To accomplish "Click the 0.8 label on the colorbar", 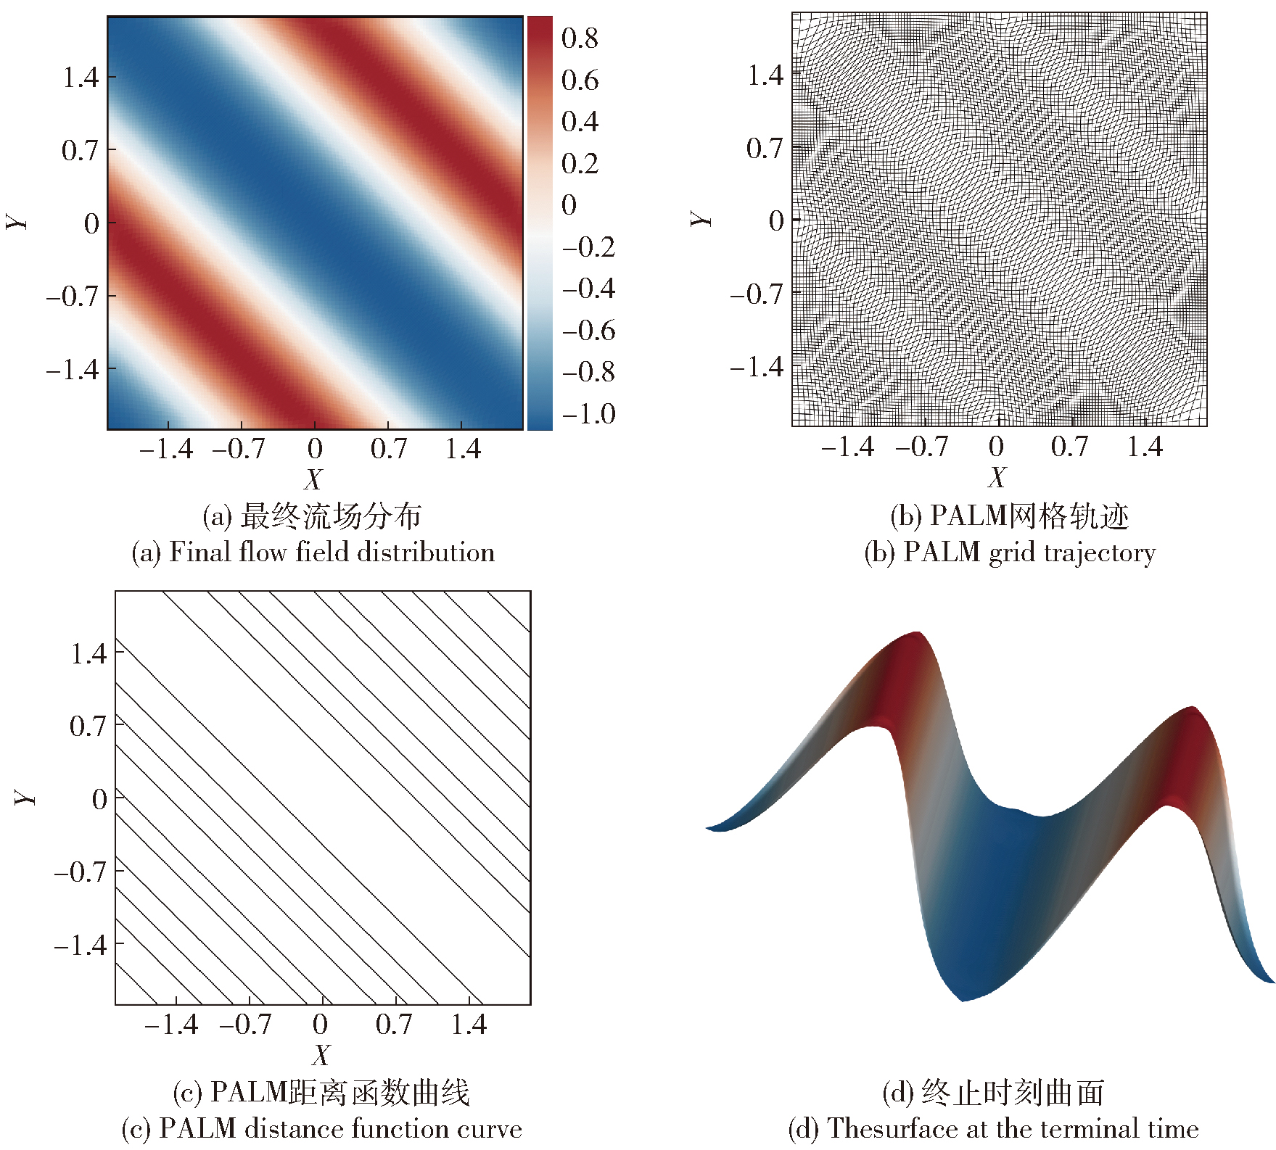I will [x=580, y=38].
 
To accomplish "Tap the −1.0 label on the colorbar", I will [x=589, y=414].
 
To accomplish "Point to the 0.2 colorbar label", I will [x=580, y=163].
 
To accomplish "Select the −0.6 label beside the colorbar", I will [x=589, y=331].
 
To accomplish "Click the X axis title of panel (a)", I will [x=313, y=479].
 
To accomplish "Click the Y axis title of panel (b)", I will [x=701, y=218].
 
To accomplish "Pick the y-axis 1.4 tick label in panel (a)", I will [x=80, y=77].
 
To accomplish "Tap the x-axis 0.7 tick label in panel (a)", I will [x=389, y=449].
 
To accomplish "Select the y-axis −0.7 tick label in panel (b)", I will [x=757, y=294].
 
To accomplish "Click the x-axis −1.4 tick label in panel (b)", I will [x=847, y=447].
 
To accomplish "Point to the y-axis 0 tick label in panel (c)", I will [x=99, y=799].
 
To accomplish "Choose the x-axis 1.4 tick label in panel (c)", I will [x=469, y=1024].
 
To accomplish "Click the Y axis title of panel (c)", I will [x=25, y=797].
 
